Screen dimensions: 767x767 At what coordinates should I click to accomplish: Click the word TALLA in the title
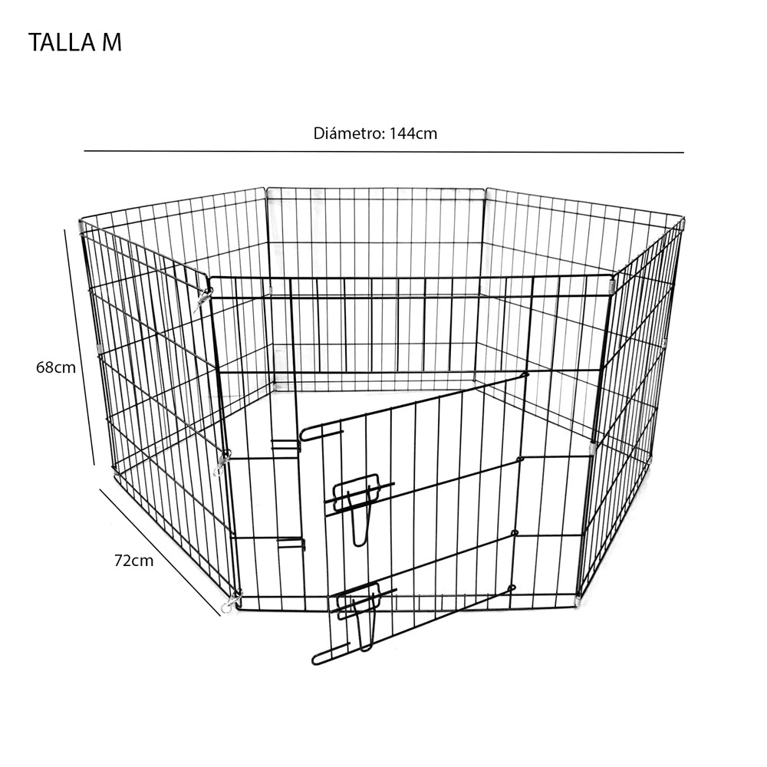click(x=62, y=43)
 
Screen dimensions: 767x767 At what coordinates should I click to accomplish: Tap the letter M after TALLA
click(x=111, y=43)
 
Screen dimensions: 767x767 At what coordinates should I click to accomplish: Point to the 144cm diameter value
click(x=413, y=133)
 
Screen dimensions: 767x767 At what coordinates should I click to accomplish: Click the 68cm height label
click(x=55, y=367)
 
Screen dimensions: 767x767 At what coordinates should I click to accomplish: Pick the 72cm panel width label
click(x=133, y=561)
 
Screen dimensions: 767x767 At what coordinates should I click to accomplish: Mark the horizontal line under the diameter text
click(x=383, y=152)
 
